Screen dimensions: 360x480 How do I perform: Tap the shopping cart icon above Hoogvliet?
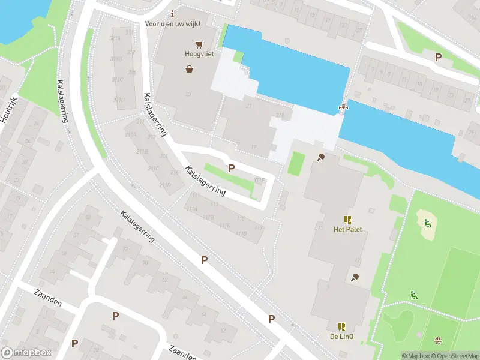pos(198,44)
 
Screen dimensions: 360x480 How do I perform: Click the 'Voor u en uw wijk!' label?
pos(172,24)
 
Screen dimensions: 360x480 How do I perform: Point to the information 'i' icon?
pos(173,14)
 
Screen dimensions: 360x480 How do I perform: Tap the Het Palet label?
pos(347,230)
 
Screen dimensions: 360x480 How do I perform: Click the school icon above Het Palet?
pos(347,220)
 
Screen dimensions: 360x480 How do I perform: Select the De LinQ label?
pos(341,337)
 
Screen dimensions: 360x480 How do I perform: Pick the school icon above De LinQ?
pos(341,326)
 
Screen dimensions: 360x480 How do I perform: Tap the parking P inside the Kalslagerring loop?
pos(231,169)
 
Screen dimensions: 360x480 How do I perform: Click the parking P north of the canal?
pos(438,57)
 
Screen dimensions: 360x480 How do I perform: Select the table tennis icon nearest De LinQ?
pos(355,277)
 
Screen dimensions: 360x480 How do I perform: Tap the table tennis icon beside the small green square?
pos(321,158)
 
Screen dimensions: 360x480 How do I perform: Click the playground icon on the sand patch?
pos(427,224)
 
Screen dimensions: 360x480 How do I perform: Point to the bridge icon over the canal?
pos(343,108)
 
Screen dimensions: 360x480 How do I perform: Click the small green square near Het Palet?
pos(296,163)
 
